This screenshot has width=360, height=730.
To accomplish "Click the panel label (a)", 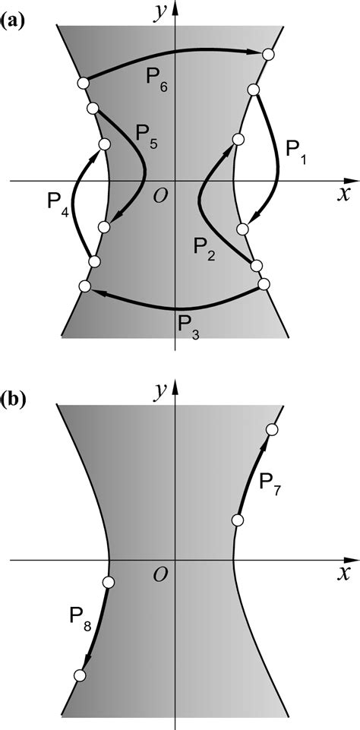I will coord(15,21).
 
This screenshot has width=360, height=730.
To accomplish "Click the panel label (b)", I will coord(15,399).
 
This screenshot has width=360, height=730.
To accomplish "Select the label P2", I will coord(204,249).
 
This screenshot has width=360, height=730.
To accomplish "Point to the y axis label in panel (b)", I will coord(160,392).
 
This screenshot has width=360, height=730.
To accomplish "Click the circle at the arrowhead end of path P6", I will coord(267,54).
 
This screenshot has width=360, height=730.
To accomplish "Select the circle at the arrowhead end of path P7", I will coord(272,431).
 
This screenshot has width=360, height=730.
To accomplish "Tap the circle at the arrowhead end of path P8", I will coord(79,675).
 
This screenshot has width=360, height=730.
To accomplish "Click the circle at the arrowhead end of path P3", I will coord(84,286).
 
